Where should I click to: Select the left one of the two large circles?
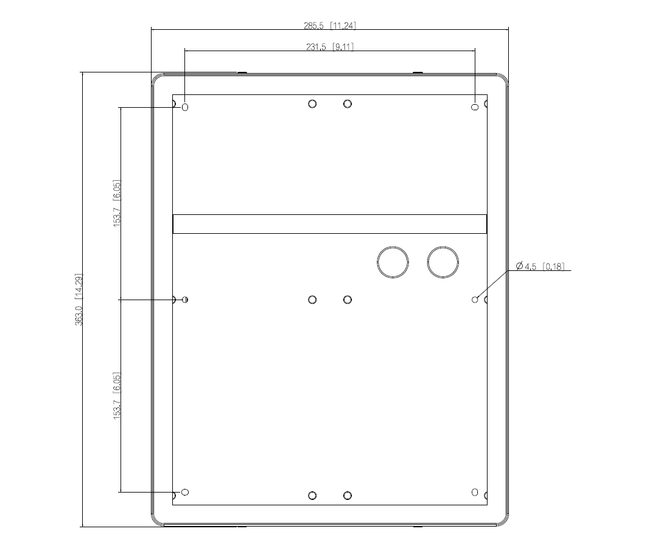click(x=393, y=262)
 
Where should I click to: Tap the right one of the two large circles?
click(x=443, y=262)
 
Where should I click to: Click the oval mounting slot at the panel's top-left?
click(x=186, y=107)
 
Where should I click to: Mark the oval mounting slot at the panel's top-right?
click(x=475, y=107)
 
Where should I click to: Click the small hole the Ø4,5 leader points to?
click(x=475, y=300)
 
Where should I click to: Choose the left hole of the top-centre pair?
click(x=312, y=104)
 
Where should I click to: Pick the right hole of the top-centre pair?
click(x=348, y=104)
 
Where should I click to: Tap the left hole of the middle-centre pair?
click(x=312, y=300)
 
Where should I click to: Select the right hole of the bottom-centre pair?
click(x=348, y=496)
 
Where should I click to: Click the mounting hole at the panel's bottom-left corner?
click(x=186, y=492)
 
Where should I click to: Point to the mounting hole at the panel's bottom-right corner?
click(x=475, y=492)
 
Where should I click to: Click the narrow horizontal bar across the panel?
click(x=330, y=223)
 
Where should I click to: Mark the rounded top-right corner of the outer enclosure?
click(x=502, y=79)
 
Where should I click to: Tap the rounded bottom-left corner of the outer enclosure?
click(x=157, y=519)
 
